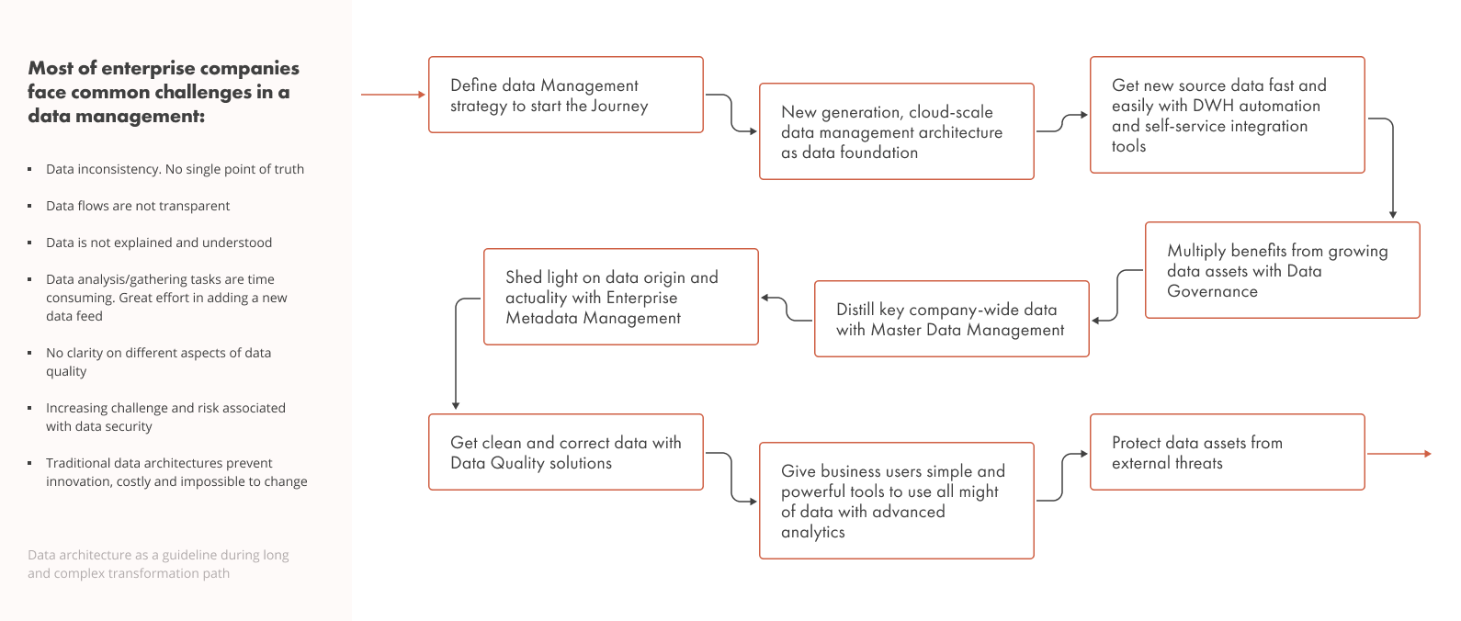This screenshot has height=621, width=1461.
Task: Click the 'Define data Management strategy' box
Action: click(565, 95)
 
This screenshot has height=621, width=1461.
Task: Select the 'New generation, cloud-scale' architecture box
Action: click(896, 131)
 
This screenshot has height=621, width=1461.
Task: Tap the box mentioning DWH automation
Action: click(1227, 115)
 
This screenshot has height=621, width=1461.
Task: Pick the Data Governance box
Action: click(1282, 270)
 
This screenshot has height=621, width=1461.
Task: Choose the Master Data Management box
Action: click(951, 319)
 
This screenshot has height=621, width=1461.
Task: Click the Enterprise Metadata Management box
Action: click(620, 297)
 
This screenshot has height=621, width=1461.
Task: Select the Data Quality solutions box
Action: click(565, 452)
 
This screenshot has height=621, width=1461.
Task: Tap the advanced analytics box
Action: click(896, 501)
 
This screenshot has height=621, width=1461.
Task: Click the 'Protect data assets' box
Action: click(1227, 452)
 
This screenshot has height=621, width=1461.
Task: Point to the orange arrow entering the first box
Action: click(392, 95)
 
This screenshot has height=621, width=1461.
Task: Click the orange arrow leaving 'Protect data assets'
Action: click(1399, 454)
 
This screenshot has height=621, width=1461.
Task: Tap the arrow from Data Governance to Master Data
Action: click(1117, 294)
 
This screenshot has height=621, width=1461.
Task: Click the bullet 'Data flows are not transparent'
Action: click(138, 206)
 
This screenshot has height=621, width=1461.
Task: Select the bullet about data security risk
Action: click(165, 417)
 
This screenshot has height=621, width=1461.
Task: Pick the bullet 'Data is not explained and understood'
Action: click(159, 243)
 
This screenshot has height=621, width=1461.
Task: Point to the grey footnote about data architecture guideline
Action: click(158, 564)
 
